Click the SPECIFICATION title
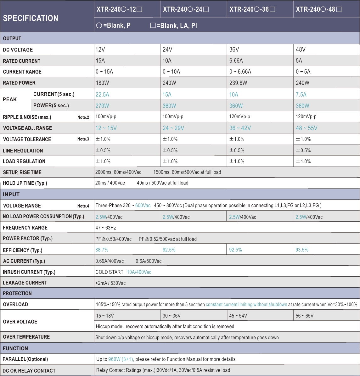point(31,18)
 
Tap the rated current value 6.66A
point(236,61)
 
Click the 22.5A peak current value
point(102,94)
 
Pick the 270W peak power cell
point(102,106)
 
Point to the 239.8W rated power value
point(238,83)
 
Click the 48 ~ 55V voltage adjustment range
point(307,128)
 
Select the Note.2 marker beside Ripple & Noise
point(83,117)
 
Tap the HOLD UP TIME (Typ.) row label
point(25,183)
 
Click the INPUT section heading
point(11,194)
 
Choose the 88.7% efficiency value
point(102,250)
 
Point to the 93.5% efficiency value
point(302,250)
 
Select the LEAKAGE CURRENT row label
point(25,283)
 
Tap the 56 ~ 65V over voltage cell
point(304,316)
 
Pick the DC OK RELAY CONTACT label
point(29,371)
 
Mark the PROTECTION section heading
point(17,293)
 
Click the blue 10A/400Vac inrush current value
point(139,272)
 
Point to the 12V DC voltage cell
point(100,49)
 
